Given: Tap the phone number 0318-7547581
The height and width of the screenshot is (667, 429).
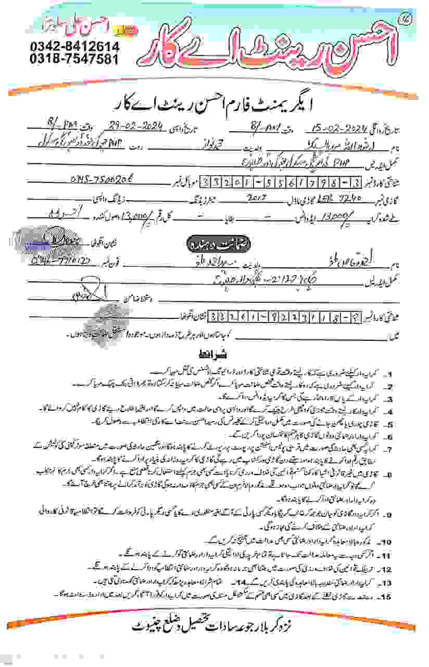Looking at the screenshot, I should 74,58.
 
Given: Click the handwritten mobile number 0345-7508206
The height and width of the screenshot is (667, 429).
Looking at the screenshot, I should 102,178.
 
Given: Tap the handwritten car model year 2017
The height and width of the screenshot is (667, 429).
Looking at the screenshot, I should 258,199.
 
